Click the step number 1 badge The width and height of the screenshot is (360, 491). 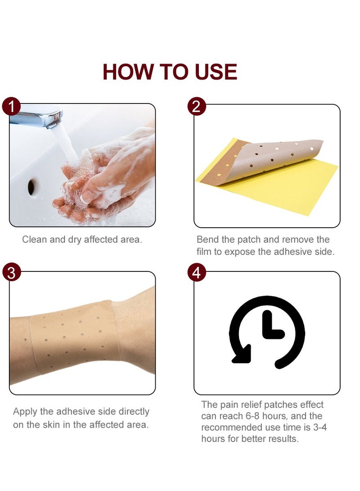tap(11, 107)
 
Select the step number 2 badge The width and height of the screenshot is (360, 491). tap(196, 107)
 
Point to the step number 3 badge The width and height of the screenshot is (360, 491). tap(11, 273)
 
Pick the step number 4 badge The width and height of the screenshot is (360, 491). tap(196, 273)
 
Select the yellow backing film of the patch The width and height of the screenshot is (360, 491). tap(288, 185)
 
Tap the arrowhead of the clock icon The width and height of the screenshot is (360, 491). tap(241, 356)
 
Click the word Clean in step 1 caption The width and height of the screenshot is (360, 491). tap(34, 239)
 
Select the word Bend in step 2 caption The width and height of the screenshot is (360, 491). tap(208, 239)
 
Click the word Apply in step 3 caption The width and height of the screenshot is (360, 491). tap(25, 411)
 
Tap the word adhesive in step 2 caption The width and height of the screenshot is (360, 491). tap(279, 252)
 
